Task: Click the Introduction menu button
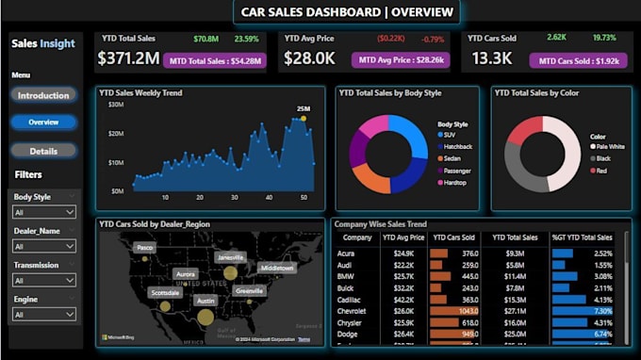pyautogui.click(x=43, y=95)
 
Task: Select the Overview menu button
pyautogui.click(x=43, y=123)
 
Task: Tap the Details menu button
pyautogui.click(x=43, y=151)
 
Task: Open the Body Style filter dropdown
pyautogui.click(x=44, y=214)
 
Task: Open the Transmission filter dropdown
pyautogui.click(x=44, y=280)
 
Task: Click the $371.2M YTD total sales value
pyautogui.click(x=128, y=58)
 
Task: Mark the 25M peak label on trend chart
pyautogui.click(x=304, y=109)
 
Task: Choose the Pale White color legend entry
pyautogui.click(x=609, y=147)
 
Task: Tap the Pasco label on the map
pyautogui.click(x=144, y=247)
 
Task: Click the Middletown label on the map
pyautogui.click(x=276, y=268)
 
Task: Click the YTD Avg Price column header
pyautogui.click(x=402, y=238)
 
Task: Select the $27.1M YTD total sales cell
pyautogui.click(x=515, y=309)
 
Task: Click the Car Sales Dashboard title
pyautogui.click(x=347, y=12)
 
